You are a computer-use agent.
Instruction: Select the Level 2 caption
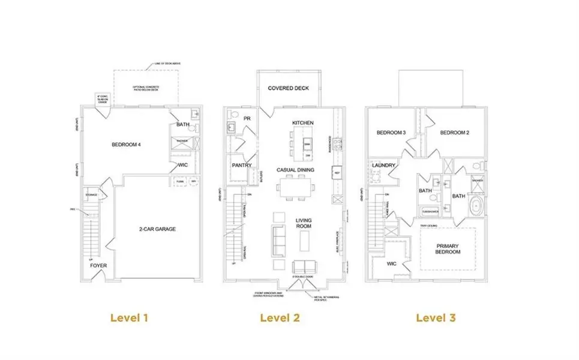click(x=280, y=317)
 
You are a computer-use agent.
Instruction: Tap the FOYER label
click(x=98, y=265)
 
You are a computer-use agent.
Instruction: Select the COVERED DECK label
click(x=288, y=88)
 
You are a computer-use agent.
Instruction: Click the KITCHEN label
click(x=302, y=123)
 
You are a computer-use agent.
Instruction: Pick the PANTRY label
click(x=241, y=165)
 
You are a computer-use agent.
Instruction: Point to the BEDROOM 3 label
click(x=392, y=133)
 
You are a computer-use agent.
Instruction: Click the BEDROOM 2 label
click(x=454, y=133)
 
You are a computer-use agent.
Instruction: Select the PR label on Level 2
click(x=247, y=119)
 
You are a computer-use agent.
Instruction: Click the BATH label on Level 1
click(x=183, y=125)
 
